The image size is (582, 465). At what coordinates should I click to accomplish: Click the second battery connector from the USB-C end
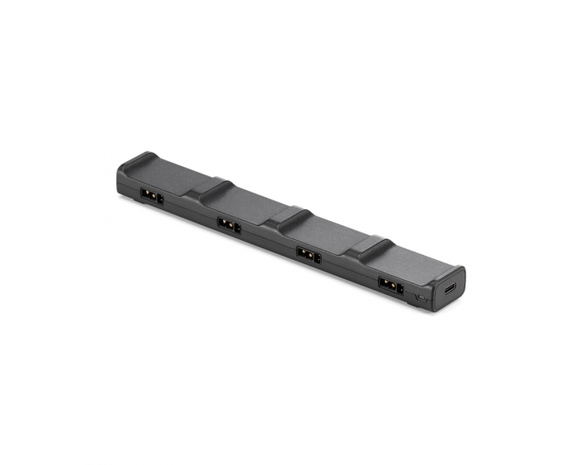(308, 253)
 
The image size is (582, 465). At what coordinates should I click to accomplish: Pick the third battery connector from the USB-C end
(229, 224)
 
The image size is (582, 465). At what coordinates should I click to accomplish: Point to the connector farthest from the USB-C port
(151, 196)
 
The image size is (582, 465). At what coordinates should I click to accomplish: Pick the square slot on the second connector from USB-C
(317, 257)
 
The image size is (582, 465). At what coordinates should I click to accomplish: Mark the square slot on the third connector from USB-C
(237, 227)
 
